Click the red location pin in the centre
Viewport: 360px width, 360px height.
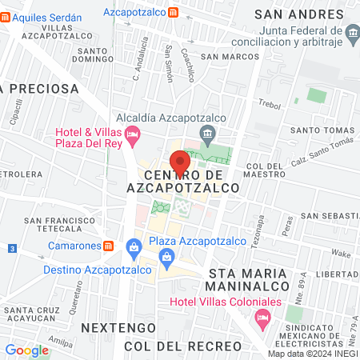[x=180, y=163]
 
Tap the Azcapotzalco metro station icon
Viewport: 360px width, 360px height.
[x=174, y=13]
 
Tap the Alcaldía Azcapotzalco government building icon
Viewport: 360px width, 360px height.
[x=206, y=133]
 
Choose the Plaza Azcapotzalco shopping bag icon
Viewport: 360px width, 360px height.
[x=166, y=257]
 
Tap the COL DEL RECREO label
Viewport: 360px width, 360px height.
[x=182, y=346]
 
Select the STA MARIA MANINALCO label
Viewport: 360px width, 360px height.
[x=256, y=281]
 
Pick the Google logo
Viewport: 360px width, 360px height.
[x=26, y=350]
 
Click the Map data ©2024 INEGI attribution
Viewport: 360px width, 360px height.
[x=313, y=354]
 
